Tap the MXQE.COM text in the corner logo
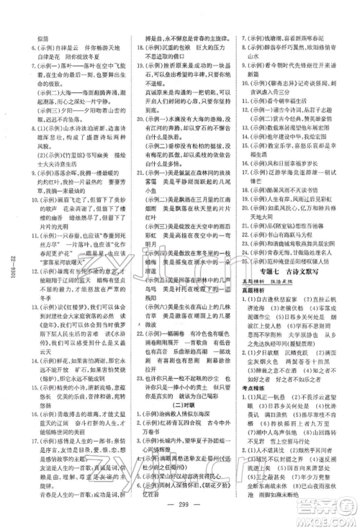coord(328,517)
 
